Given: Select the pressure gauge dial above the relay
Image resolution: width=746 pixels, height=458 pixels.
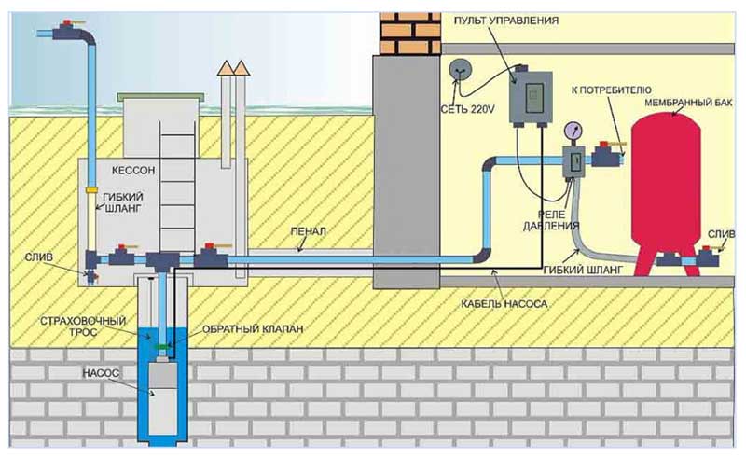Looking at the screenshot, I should (571, 133).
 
